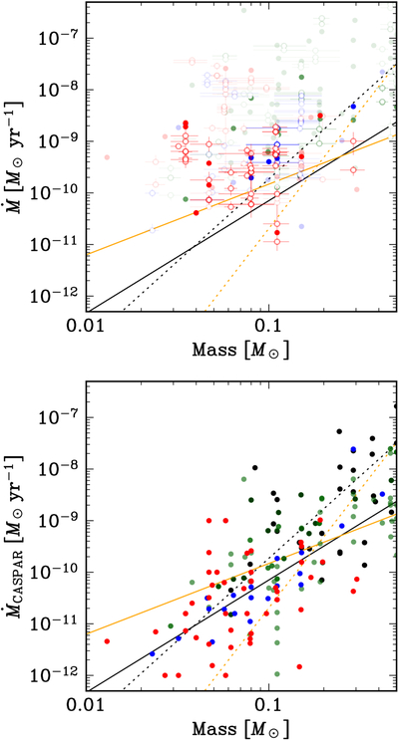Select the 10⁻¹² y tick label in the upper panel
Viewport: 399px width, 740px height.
coord(55,295)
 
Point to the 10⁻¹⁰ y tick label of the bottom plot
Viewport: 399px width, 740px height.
coord(55,571)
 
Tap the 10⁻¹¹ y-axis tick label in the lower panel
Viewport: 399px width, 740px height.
coord(55,622)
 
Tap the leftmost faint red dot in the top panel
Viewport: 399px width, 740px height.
coord(107,157)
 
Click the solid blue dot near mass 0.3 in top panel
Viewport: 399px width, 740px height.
coord(353,107)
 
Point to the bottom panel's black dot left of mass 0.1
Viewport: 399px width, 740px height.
coord(255,468)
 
